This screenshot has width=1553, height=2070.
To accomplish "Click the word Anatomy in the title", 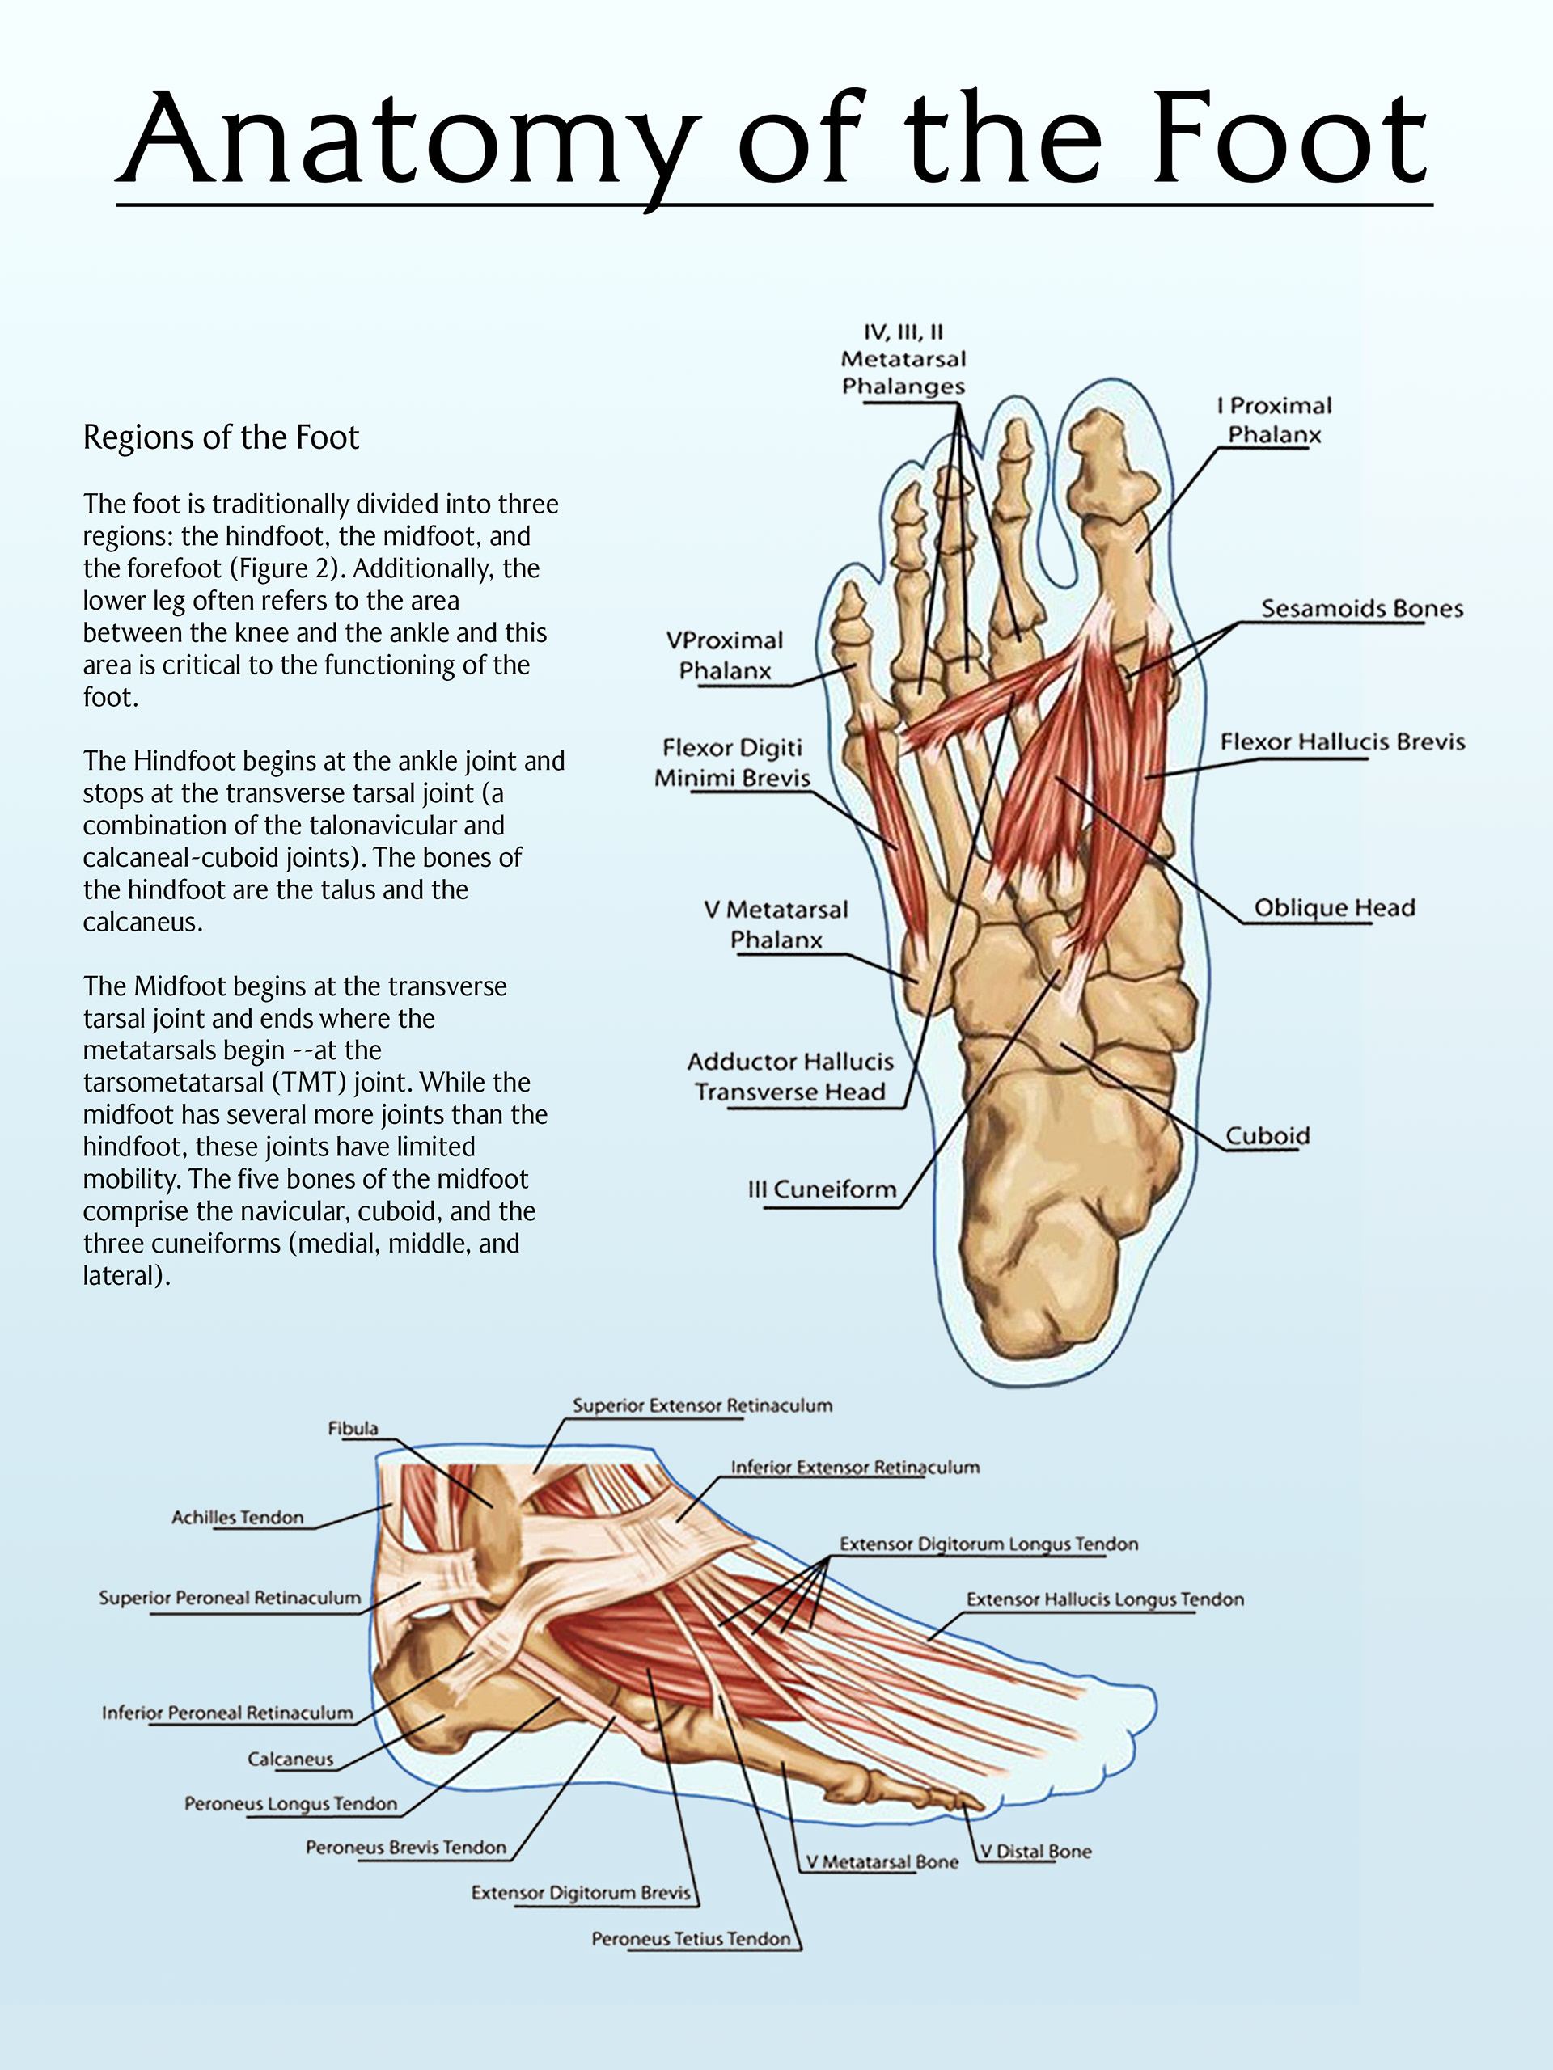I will (412, 141).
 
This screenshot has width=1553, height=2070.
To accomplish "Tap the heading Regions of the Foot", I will (221, 437).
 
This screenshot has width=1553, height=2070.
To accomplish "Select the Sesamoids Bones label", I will (1361, 608).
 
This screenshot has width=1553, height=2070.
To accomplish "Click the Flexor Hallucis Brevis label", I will (1341, 742).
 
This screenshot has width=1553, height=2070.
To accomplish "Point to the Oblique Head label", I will (1334, 908).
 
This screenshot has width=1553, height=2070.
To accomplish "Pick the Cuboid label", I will (1267, 1136).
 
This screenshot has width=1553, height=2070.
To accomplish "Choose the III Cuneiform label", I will (822, 1189).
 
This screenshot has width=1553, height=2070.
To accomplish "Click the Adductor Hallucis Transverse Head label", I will (790, 1077).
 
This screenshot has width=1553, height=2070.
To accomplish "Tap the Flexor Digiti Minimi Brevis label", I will (732, 763).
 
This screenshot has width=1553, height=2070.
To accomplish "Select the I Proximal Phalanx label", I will (1274, 420).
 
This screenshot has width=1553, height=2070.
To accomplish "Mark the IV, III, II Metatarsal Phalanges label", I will (903, 359).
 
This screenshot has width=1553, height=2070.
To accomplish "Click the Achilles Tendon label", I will (238, 1517).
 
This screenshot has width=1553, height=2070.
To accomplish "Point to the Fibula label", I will (353, 1428).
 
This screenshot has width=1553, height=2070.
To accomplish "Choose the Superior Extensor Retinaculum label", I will (702, 1405).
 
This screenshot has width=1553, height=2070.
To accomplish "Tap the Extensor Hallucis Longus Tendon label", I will (1105, 1599).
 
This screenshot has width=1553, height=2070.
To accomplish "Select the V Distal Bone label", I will (1035, 1851).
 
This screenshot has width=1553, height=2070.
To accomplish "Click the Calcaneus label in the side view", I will (290, 1759).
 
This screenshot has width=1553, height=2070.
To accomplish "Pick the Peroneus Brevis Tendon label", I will (405, 1848).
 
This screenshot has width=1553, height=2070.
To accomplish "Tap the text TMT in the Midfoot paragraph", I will (309, 1083).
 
